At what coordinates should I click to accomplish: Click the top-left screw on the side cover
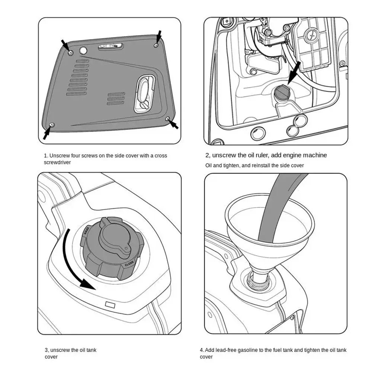pyautogui.click(x=71, y=52)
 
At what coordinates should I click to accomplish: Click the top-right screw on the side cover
pyautogui.click(x=156, y=45)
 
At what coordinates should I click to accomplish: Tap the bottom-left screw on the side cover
pyautogui.click(x=52, y=124)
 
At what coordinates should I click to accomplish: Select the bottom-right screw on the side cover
pyautogui.click(x=168, y=119)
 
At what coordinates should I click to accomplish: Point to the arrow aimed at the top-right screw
pyautogui.click(x=159, y=36)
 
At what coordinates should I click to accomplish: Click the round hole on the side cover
pyautogui.click(x=83, y=50)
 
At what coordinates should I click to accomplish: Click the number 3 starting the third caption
pyautogui.click(x=46, y=350)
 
